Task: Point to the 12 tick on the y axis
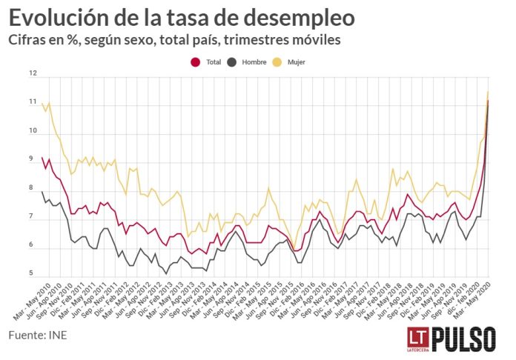point(33,73)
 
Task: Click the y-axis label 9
point(31,159)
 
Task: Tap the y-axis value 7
point(31,217)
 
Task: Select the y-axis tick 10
point(33,131)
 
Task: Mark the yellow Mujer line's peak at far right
point(487,92)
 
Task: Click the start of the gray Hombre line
point(42,192)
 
